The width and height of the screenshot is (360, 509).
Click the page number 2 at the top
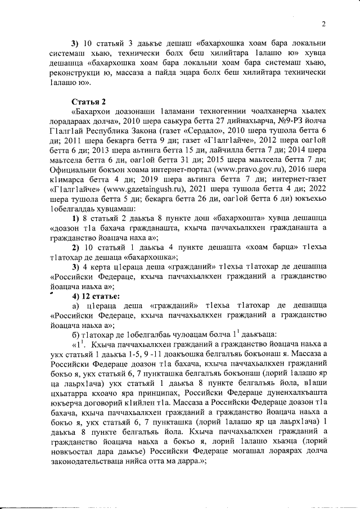(x=325, y=24)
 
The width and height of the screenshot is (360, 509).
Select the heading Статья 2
(x=89, y=101)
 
